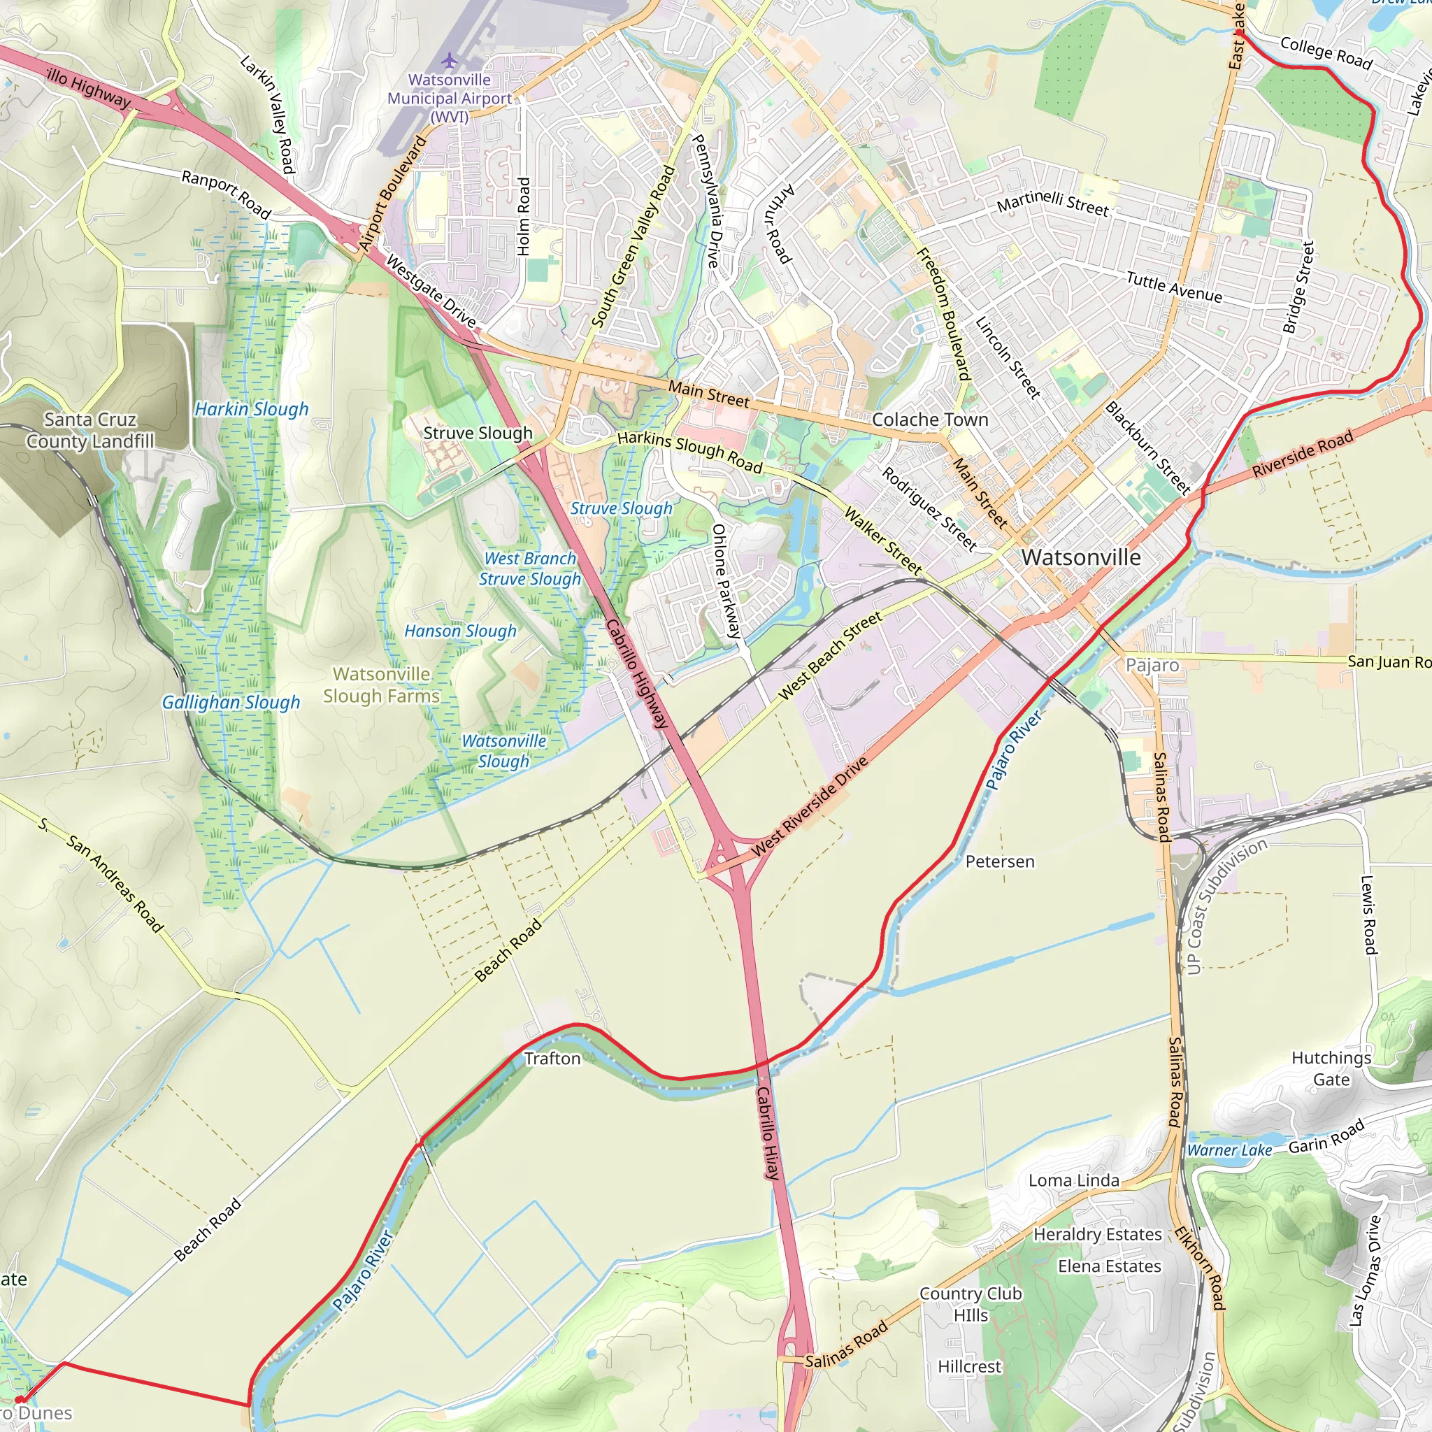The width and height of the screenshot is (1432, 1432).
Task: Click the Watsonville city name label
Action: click(1081, 557)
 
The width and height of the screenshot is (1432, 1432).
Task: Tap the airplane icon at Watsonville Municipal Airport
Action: click(449, 59)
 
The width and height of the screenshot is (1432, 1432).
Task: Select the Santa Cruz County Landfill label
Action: click(90, 431)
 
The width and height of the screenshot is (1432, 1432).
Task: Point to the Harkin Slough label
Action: click(251, 409)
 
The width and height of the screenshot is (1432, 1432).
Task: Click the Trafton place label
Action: click(552, 1059)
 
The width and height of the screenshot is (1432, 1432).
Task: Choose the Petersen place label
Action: click(999, 861)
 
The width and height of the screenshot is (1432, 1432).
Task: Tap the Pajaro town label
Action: click(1152, 665)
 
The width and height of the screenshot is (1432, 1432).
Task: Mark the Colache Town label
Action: click(929, 420)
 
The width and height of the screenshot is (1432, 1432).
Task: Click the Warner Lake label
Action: click(1229, 1150)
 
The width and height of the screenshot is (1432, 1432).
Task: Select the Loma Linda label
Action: click(1073, 1180)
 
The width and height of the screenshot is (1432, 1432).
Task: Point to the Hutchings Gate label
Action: click(1331, 1068)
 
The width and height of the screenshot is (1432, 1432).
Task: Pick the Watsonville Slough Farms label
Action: click(382, 685)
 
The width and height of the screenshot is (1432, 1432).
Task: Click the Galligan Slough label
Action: click(231, 702)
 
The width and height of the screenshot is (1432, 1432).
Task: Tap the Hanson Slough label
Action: click(460, 631)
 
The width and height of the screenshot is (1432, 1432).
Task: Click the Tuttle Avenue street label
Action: click(1174, 287)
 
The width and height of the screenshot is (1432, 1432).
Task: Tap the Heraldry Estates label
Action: click(1097, 1234)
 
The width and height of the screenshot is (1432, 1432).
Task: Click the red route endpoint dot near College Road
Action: click(1239, 34)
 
